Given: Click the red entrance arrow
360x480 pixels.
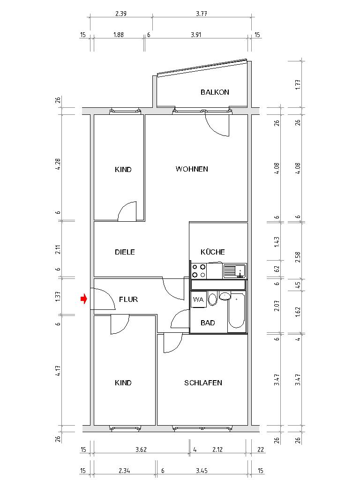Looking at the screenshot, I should pos(83,299).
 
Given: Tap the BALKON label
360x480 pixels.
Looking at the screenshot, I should pos(215,92).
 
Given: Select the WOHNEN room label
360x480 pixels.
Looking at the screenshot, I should pos(192,169).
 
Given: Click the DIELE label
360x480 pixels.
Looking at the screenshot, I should pos(125,252).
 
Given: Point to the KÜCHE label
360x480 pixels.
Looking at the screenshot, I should pos(213,252).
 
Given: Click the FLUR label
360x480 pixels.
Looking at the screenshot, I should pos(128,300).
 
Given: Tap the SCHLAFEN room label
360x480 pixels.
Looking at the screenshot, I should pos(203,383).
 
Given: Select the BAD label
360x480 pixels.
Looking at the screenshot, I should pos(208,323).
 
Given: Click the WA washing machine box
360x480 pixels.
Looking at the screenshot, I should pos(198,300).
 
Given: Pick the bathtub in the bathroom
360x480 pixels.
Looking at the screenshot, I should pos(237,312).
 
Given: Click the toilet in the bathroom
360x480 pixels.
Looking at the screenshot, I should pos(213,299).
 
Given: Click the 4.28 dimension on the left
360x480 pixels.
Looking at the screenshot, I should pos(58,165).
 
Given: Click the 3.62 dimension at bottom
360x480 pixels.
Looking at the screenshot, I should pos(141,450).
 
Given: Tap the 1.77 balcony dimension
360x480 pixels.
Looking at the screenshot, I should pos(298,85).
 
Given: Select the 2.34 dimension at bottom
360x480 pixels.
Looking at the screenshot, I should pos(124,470).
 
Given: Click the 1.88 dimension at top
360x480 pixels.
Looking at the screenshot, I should pos(119,35).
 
